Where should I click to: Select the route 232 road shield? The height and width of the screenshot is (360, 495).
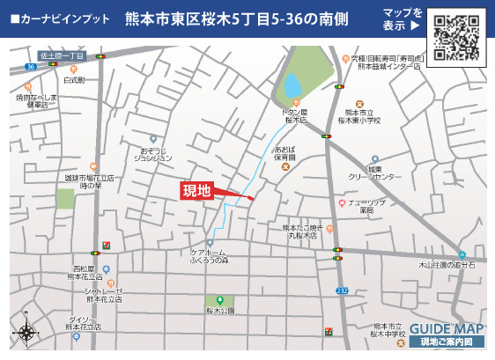tap(341, 290)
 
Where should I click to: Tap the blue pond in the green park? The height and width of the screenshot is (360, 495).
tap(292, 85)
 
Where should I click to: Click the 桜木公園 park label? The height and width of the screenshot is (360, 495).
tap(220, 312)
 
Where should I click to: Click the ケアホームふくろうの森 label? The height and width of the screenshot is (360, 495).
tap(211, 257)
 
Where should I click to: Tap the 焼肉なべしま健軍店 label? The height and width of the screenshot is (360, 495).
tap(37, 99)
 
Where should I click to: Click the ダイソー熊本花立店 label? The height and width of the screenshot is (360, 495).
tap(85, 322)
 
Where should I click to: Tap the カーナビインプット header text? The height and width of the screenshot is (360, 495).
tap(62, 18)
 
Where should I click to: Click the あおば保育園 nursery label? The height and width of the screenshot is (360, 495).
tap(285, 153)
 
